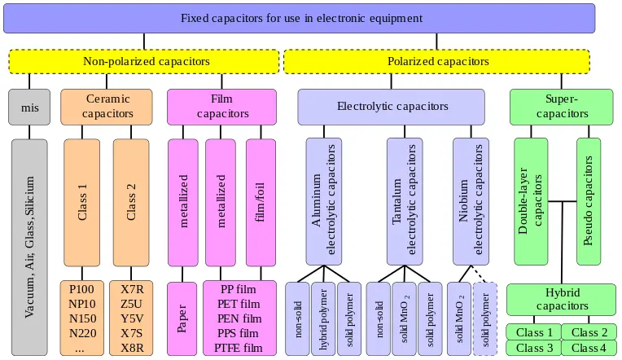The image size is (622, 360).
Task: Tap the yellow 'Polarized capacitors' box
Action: (x=436, y=61)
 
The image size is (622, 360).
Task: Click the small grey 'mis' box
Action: (x=29, y=106)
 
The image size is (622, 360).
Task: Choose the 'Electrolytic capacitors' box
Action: (x=391, y=106)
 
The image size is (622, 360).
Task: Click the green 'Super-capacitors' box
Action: (x=561, y=106)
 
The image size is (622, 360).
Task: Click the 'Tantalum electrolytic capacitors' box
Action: (x=405, y=201)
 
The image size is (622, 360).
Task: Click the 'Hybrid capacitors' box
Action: (x=561, y=299)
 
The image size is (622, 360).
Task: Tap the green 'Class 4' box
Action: (x=589, y=348)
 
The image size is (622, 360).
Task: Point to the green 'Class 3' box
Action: (x=533, y=348)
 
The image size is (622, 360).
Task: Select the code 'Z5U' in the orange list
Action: (x=131, y=303)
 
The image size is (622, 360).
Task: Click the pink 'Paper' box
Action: (x=182, y=318)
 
